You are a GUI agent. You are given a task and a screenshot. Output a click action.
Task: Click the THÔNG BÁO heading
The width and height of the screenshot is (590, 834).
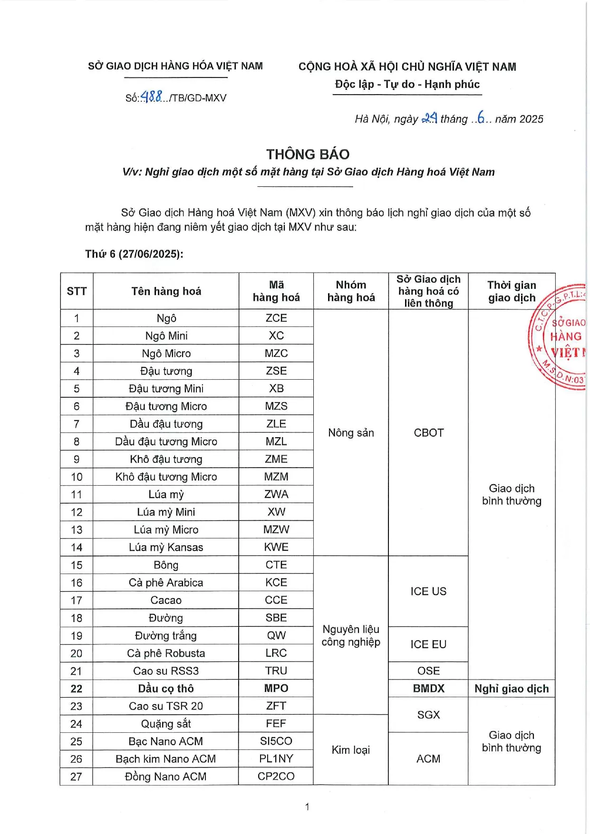[308, 154]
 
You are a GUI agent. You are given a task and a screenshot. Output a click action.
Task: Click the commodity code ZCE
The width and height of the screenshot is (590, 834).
[276, 318]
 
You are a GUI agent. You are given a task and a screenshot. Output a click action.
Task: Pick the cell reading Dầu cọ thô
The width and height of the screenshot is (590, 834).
[166, 689]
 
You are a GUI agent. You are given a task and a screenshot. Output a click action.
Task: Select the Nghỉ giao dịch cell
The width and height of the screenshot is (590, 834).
[512, 689]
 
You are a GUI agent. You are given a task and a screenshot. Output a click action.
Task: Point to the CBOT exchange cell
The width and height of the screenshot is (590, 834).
[428, 433]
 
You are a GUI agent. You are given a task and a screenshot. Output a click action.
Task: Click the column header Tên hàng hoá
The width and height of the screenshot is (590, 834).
[166, 291]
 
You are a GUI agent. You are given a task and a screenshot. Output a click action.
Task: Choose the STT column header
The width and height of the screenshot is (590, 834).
[77, 291]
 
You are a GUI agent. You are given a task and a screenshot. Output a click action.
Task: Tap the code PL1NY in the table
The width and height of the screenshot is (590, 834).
[276, 759]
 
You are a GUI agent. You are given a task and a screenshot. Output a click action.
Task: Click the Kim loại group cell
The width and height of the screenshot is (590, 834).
[351, 750]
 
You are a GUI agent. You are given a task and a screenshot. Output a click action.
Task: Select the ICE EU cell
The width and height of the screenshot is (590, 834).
[428, 644]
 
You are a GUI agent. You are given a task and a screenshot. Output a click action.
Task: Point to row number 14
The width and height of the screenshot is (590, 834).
[77, 547]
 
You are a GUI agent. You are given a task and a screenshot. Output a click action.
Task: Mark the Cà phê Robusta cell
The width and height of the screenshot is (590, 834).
[166, 653]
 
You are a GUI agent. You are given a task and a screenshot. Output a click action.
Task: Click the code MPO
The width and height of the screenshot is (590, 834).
[276, 689]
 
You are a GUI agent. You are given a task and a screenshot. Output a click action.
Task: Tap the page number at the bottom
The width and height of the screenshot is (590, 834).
[307, 806]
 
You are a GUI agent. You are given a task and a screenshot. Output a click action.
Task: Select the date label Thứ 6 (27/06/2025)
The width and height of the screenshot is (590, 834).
[134, 254]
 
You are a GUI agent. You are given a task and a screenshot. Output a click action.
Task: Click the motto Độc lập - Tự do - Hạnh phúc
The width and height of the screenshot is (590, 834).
[407, 85]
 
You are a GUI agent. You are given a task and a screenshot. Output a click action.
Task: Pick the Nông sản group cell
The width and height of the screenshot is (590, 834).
[351, 433]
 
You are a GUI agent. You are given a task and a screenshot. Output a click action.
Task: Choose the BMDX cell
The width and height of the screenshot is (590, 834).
[428, 689]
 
